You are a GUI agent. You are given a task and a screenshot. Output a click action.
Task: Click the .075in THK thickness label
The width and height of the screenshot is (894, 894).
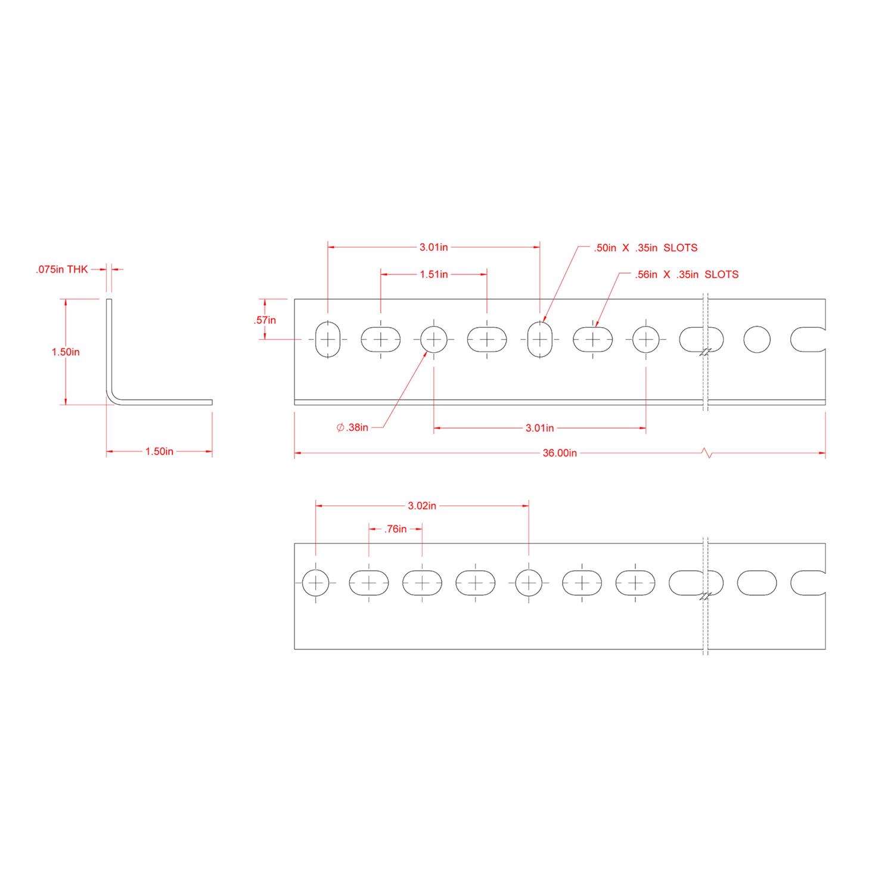pos(61,269)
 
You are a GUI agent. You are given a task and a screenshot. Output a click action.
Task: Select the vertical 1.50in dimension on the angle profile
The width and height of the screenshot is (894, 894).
pos(66,352)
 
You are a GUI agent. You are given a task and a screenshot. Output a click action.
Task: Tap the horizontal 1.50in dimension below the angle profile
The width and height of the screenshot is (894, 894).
pos(159,452)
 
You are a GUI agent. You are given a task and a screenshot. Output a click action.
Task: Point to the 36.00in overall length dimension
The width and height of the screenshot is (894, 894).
pos(560,453)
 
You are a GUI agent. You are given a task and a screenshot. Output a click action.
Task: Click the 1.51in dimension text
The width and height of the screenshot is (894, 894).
pos(434,274)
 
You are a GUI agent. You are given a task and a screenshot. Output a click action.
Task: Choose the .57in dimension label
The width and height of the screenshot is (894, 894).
pos(265,320)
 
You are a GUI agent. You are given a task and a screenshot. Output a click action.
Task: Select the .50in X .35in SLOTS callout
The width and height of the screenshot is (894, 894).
pos(645,248)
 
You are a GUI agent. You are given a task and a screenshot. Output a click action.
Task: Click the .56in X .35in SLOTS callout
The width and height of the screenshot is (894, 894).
pos(687,274)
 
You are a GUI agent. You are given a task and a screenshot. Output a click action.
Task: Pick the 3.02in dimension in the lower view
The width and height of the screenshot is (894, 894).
pos(422,505)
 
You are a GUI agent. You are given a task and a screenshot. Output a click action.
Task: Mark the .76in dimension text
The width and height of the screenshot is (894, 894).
pos(396,529)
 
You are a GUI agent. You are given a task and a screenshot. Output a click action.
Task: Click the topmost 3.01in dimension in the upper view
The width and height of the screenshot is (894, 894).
pos(434,247)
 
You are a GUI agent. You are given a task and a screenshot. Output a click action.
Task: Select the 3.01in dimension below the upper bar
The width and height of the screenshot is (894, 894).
pos(539,428)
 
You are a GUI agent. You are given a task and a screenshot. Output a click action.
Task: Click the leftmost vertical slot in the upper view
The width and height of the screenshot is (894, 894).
pos(327,340)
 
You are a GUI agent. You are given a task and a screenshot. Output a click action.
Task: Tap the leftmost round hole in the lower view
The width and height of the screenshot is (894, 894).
pos(315,582)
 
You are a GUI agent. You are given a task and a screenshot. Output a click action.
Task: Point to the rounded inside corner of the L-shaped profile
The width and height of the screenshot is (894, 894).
pos(113,398)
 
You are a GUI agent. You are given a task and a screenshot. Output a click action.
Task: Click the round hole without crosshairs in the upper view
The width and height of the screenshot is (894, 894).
pos(757,340)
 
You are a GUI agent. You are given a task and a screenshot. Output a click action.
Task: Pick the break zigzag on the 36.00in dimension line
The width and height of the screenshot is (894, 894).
pos(706,454)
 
